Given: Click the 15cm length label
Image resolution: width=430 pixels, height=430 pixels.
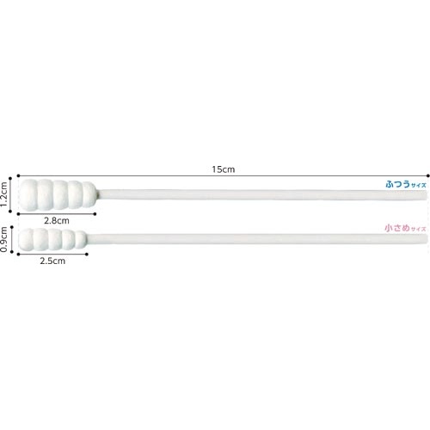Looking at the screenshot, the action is (x=224, y=169).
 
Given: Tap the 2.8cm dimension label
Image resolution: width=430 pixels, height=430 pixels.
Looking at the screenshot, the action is (x=57, y=221).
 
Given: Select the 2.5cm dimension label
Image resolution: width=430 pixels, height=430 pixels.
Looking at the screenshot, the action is (x=52, y=261).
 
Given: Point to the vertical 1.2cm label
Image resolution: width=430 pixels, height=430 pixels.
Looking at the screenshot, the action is (x=4, y=194).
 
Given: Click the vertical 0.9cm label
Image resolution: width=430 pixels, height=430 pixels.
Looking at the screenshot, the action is (x=4, y=239).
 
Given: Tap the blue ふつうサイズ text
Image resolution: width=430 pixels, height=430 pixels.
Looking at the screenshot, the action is (x=406, y=184).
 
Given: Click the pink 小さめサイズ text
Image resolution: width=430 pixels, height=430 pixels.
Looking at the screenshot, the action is (x=405, y=229).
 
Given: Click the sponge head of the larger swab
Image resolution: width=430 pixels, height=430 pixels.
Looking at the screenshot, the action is (x=58, y=194).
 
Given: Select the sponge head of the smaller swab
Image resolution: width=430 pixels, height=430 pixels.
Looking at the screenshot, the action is (x=52, y=239).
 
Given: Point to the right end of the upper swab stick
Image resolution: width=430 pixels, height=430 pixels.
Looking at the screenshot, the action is (x=427, y=195).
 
